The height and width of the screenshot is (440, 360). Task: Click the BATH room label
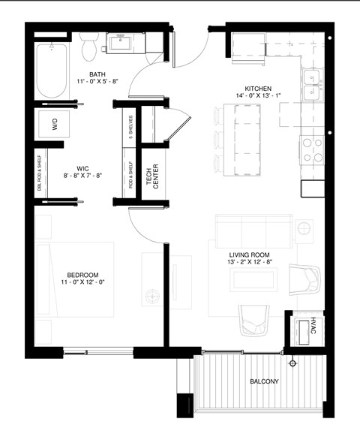point(97,74)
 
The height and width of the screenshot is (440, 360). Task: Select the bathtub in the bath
point(51,72)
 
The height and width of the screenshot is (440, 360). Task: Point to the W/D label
point(55,126)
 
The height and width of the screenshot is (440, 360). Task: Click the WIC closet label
point(84,169)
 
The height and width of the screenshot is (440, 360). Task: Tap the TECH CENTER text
point(152,177)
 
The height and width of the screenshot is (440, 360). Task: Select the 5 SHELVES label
point(131,128)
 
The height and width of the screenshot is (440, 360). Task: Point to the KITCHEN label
point(257,88)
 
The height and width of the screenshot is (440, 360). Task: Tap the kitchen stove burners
point(312,149)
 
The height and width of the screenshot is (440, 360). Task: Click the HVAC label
point(313,327)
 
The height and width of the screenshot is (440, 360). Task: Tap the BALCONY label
point(263,381)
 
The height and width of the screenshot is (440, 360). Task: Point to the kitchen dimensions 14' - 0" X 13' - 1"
point(257,96)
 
